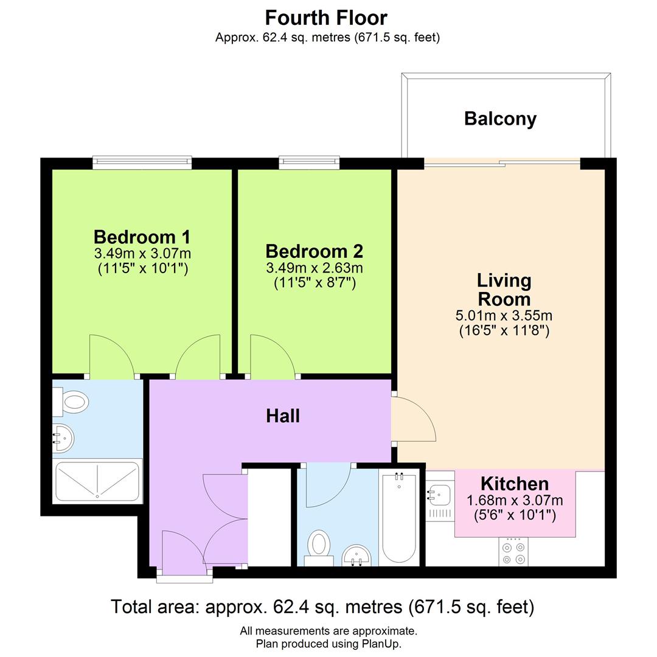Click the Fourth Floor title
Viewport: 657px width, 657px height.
click(326, 17)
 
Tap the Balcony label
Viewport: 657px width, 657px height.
click(500, 118)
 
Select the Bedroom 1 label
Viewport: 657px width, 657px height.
click(142, 237)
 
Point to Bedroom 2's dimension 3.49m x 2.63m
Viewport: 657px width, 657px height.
click(314, 268)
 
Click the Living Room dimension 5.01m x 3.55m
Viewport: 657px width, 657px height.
click(504, 316)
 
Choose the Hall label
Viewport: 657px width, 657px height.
click(283, 416)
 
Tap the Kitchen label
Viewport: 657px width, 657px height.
click(515, 484)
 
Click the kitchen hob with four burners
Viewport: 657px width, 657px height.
click(513, 552)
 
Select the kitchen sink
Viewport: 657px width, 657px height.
click(439, 494)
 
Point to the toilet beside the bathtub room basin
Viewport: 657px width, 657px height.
click(319, 544)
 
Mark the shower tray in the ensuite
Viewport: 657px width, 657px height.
click(97, 481)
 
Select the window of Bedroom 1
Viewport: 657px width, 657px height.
click(142, 162)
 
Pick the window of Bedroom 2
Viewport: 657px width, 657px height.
click(309, 162)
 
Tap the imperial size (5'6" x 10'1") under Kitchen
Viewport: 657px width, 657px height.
click(515, 516)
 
